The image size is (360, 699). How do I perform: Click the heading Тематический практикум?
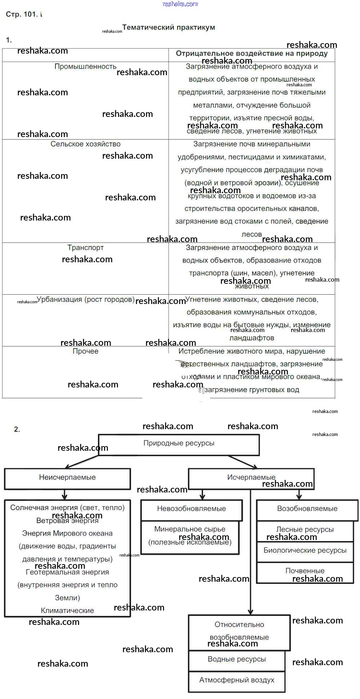pyautogui.click(x=168, y=27)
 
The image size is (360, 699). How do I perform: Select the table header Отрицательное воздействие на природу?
pyautogui.click(x=252, y=54)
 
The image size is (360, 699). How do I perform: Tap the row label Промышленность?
pyautogui.click(x=85, y=67)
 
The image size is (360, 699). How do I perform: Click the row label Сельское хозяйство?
pyautogui.click(x=85, y=144)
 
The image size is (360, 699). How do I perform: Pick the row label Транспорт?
pyautogui.click(x=85, y=248)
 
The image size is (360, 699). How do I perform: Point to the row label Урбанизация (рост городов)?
pyautogui.click(x=86, y=300)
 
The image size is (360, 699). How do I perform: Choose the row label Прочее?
pyautogui.click(x=85, y=351)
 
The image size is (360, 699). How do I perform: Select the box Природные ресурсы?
pyautogui.click(x=179, y=444)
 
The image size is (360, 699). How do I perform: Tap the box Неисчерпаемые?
pyautogui.click(x=67, y=478)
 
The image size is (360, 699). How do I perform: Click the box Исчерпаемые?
pyautogui.click(x=251, y=478)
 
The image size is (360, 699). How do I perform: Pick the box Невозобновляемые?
pyautogui.click(x=191, y=509)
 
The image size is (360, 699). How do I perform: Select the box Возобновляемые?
pyautogui.click(x=307, y=509)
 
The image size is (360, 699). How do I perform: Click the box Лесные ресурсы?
pyautogui.click(x=305, y=530)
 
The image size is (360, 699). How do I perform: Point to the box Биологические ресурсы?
pyautogui.click(x=305, y=551)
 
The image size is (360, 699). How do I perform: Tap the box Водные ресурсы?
pyautogui.click(x=237, y=660)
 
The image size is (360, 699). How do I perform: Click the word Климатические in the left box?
pyautogui.click(x=67, y=611)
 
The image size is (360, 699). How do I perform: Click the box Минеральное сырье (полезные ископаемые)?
pyautogui.click(x=190, y=536)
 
